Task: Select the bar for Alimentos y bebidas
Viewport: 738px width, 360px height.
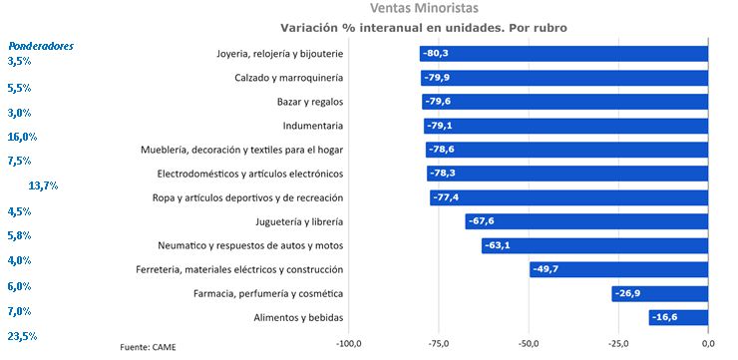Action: tap(678, 317)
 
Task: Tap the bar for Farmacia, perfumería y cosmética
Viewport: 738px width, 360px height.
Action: tap(659, 293)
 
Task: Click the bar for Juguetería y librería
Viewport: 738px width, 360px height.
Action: tap(586, 221)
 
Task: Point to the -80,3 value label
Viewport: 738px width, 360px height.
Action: tap(436, 54)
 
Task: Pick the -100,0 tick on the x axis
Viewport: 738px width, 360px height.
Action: tap(348, 344)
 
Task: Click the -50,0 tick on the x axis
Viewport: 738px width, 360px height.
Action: tap(528, 344)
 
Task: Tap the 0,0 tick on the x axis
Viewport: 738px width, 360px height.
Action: tap(707, 344)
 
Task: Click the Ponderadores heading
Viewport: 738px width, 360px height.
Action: tap(40, 45)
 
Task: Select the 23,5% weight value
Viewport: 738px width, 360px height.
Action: tap(22, 337)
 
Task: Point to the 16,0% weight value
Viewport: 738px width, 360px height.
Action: tap(22, 137)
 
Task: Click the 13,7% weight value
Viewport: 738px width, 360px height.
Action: tap(43, 185)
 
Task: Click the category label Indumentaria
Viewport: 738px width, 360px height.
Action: tap(312, 126)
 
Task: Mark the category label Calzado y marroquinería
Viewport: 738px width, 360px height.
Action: tap(288, 78)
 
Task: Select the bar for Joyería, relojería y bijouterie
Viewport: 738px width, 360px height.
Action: tap(563, 54)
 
